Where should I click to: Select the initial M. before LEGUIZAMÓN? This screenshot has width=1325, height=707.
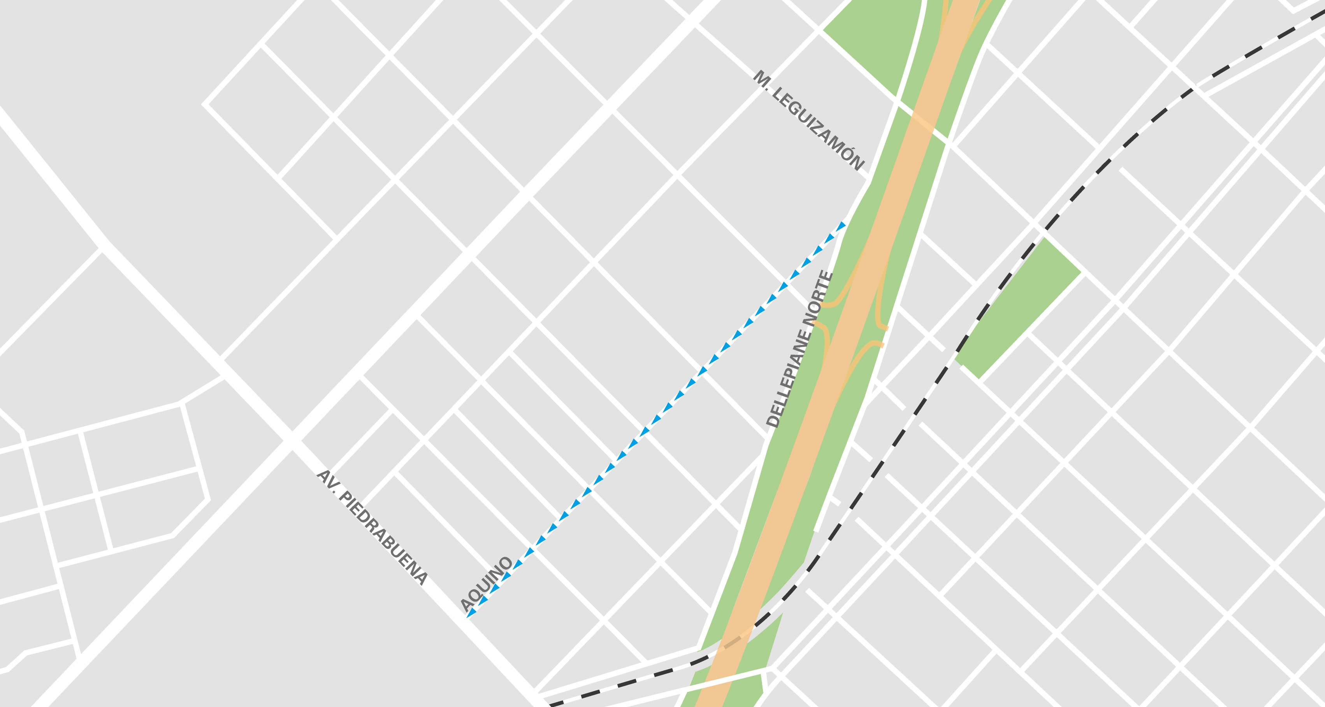point(761,78)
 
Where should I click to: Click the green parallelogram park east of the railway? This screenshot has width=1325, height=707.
point(1018,309)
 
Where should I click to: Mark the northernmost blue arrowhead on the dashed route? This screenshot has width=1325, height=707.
point(842,226)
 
